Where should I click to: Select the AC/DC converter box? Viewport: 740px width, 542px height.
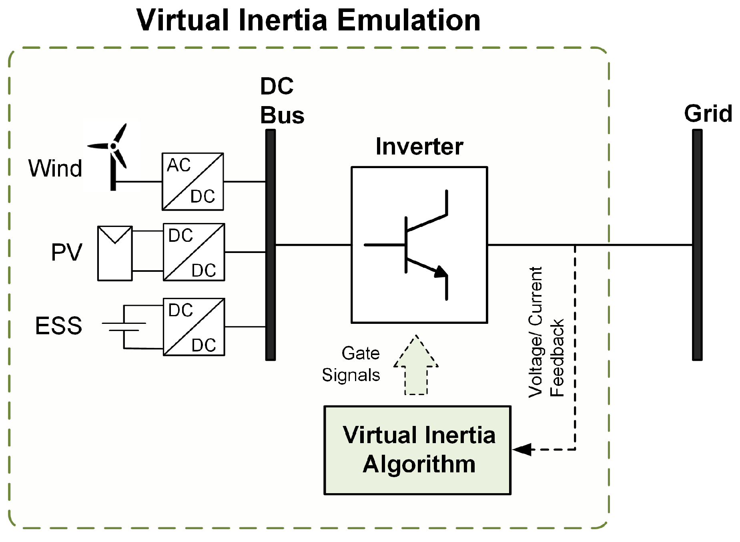click(193, 181)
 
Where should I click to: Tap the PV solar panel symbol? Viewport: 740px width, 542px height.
click(115, 253)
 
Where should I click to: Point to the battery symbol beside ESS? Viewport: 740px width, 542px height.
click(124, 327)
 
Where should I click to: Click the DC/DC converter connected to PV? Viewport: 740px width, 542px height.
click(194, 252)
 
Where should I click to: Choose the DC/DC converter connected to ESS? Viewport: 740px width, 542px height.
click(194, 327)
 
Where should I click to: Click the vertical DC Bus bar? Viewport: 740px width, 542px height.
click(271, 245)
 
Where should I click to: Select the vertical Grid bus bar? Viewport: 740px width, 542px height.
click(697, 245)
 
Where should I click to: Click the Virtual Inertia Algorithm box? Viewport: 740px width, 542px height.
click(417, 450)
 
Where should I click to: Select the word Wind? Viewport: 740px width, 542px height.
click(55, 168)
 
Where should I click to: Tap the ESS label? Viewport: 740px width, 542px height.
click(58, 325)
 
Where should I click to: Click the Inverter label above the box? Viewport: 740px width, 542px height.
click(419, 147)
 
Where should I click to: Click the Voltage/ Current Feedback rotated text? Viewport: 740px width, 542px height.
click(546, 332)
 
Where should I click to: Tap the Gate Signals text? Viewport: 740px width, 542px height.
click(351, 364)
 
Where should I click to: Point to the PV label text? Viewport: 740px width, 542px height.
click(66, 252)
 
